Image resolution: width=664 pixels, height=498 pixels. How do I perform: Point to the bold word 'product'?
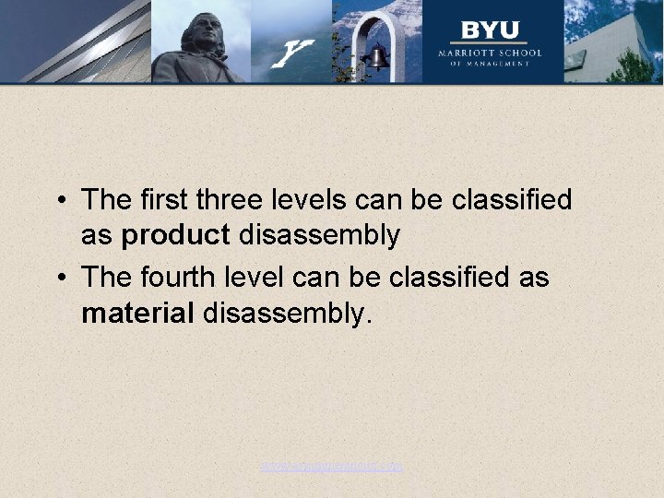click(175, 235)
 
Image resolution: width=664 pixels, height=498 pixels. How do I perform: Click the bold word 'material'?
click(137, 314)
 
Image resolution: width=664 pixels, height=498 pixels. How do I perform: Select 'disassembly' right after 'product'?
click(319, 235)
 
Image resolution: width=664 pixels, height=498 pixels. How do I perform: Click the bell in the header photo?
click(376, 59)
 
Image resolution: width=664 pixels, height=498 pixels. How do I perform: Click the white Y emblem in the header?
click(294, 53)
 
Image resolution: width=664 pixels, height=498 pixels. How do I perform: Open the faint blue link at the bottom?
click(331, 467)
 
